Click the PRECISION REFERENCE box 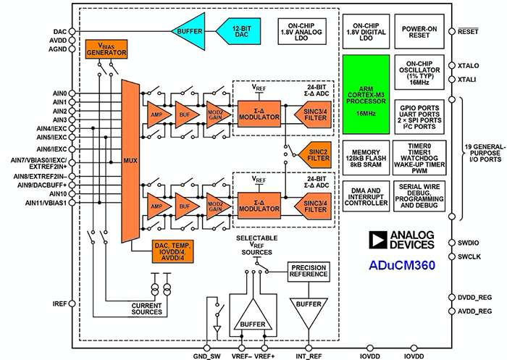[x=307, y=272]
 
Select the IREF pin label [x=60, y=302]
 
